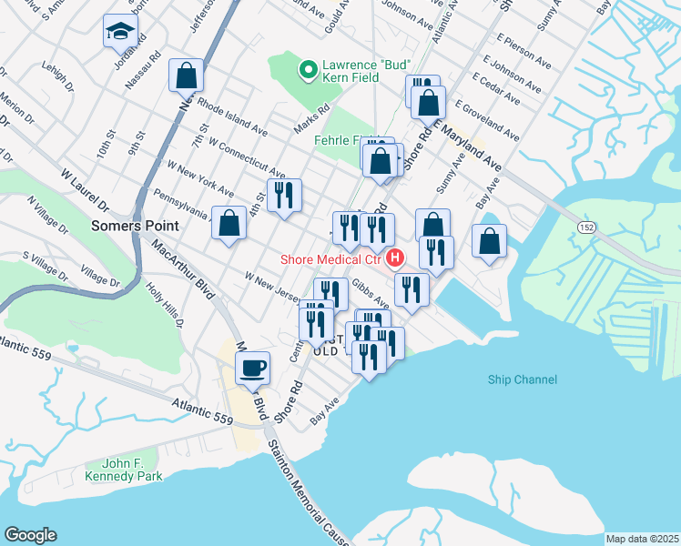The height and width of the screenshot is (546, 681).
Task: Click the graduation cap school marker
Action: [x=120, y=31]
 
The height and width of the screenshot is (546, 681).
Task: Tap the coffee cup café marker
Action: [x=253, y=369]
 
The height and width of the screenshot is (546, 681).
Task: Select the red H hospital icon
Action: [x=395, y=258]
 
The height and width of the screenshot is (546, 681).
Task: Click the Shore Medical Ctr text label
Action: [x=332, y=258]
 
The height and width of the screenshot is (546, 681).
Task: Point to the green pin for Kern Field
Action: [x=308, y=68]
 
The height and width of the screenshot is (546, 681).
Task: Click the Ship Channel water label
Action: [x=522, y=379]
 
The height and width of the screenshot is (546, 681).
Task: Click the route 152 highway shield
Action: [x=581, y=224]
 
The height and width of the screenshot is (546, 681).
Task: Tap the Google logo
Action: [x=30, y=535]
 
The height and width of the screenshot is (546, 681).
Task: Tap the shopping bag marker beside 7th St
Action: [x=186, y=76]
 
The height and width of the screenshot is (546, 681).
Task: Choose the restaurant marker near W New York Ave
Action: [x=284, y=195]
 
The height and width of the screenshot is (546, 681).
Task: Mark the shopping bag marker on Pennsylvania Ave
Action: [x=229, y=223]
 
